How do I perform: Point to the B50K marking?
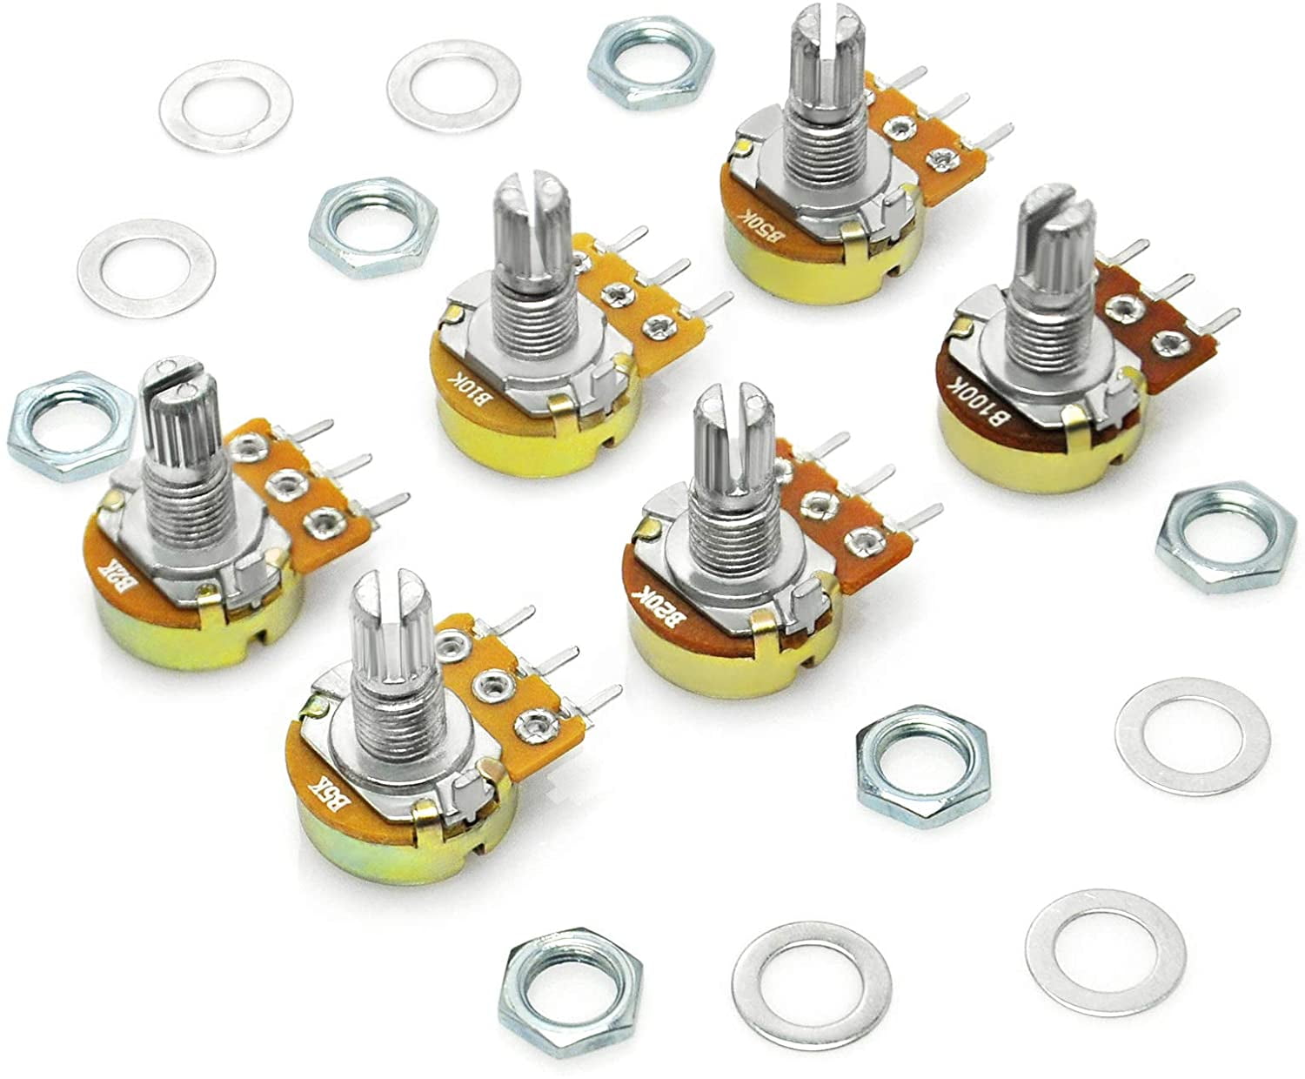pyautogui.click(x=749, y=223)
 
